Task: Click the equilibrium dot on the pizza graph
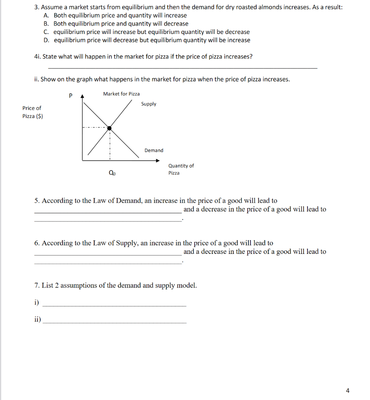pos(110,128)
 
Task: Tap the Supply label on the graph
pos(148,104)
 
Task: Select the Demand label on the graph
pos(154,150)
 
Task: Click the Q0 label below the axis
pos(112,173)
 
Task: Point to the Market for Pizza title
pos(121,94)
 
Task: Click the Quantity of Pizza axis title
pos(181,169)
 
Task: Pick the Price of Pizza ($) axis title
pos(32,112)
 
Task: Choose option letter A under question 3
pos(46,16)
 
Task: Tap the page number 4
pos(348,390)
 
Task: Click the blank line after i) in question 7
pos(114,305)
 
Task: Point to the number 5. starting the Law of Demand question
pos(37,201)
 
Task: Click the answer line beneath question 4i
pos(182,68)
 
